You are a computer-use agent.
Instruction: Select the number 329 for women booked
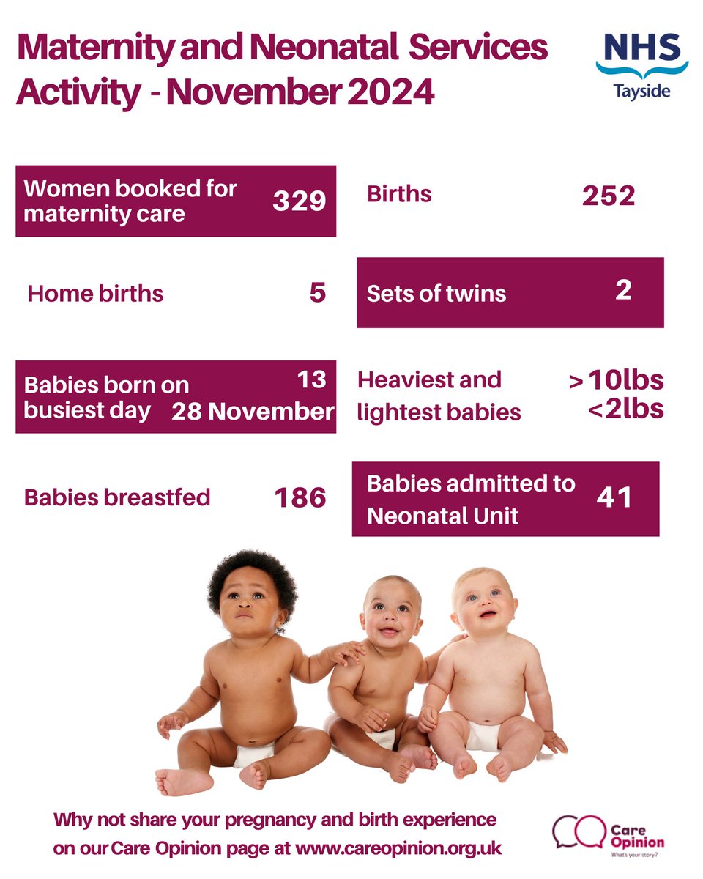coord(299,201)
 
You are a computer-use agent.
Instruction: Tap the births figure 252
coord(608,196)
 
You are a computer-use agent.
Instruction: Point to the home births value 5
coord(317,293)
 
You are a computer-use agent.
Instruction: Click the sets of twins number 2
coord(623,291)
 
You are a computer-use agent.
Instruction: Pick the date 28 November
coord(253,412)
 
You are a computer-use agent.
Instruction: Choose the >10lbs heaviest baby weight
coord(616,381)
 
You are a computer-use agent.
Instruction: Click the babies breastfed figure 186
coord(300,498)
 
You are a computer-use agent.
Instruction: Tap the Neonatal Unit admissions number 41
coord(613,497)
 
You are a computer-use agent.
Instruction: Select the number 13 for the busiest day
coord(312,379)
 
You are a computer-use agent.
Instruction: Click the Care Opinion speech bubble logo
coord(573,832)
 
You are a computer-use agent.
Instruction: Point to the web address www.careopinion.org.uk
coord(398,848)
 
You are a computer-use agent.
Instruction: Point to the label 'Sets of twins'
coord(436,294)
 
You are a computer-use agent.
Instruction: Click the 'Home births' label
coord(95,294)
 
